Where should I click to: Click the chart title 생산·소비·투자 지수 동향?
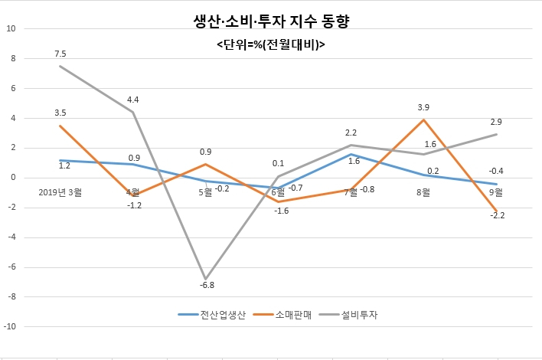pyautogui.click(x=271, y=21)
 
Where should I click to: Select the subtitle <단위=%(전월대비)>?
pyautogui.click(x=271, y=44)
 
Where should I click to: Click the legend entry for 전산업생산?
pyautogui.click(x=212, y=315)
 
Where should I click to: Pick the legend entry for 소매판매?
pyautogui.click(x=282, y=315)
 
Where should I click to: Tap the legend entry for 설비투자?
pyautogui.click(x=348, y=315)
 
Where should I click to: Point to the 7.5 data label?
pyautogui.click(x=60, y=54)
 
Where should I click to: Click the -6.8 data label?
pyautogui.click(x=207, y=285)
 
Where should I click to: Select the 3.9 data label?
pyautogui.click(x=423, y=107)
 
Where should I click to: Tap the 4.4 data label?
pyautogui.click(x=133, y=100)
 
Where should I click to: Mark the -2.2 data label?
pyautogui.click(x=498, y=215)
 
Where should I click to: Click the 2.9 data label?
pyautogui.click(x=496, y=122)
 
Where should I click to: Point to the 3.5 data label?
pyautogui.click(x=60, y=113)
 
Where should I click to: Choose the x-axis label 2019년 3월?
pyautogui.click(x=60, y=192)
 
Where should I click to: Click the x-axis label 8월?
pyautogui.click(x=423, y=192)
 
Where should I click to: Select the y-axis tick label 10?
pyautogui.click(x=11, y=28)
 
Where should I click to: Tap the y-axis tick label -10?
pyautogui.click(x=10, y=326)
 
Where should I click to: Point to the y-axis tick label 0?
pyautogui.click(x=14, y=178)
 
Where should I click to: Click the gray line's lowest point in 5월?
pyautogui.click(x=206, y=279)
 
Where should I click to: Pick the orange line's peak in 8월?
pyautogui.click(x=423, y=120)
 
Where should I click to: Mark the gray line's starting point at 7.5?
pyautogui.click(x=60, y=66)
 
